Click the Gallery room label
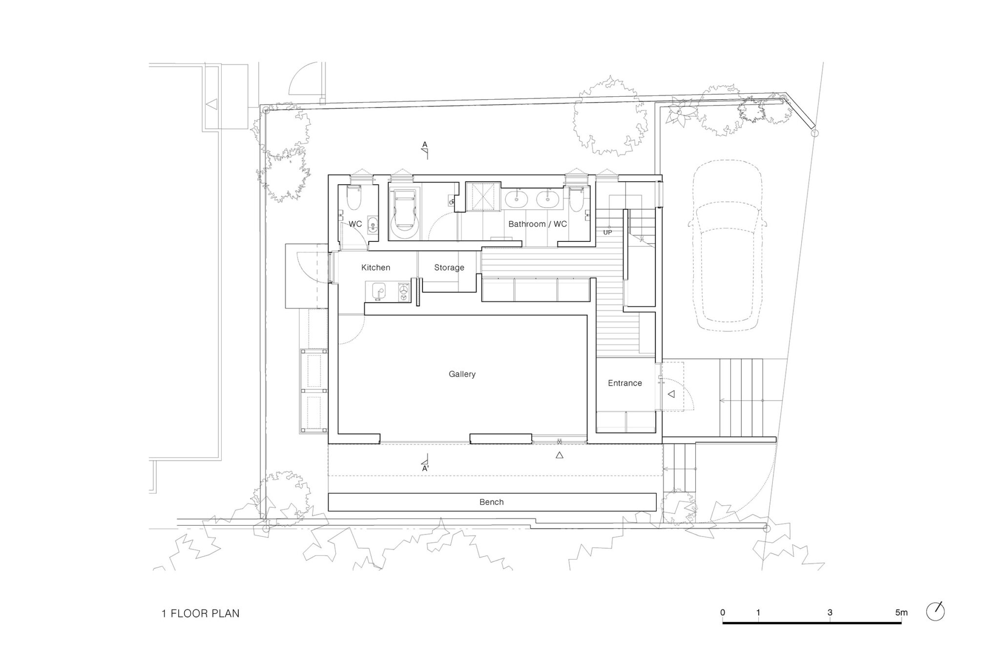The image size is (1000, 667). click(x=462, y=374)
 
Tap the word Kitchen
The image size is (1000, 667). click(x=375, y=267)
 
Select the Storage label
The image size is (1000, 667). click(x=449, y=268)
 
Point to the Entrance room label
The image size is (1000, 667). click(x=625, y=383)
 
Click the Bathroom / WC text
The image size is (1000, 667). click(x=538, y=224)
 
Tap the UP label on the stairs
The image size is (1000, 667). click(x=607, y=232)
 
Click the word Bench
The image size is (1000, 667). click(x=491, y=502)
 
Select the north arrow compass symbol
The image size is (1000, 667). click(x=936, y=612)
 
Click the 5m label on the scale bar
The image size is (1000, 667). click(x=901, y=612)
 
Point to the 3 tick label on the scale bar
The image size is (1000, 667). click(x=830, y=612)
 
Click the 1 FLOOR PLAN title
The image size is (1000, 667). click(x=201, y=613)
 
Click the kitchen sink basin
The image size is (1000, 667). click(x=378, y=291)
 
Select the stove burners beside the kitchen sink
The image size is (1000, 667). click(x=404, y=292)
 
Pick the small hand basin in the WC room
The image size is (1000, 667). click(x=373, y=226)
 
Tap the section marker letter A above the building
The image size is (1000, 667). click(x=425, y=145)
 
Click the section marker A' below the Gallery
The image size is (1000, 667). click(x=425, y=468)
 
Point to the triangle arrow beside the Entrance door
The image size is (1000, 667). click(x=671, y=394)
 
